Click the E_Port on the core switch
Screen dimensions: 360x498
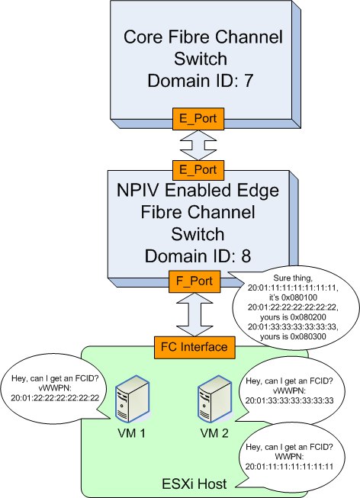[198, 119]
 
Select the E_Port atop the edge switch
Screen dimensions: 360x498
[198, 170]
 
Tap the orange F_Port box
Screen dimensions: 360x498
[194, 281]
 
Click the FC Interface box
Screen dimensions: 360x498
[194, 347]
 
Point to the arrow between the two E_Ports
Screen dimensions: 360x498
[198, 145]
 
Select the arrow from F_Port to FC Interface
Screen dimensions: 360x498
[194, 314]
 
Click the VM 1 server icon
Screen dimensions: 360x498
[132, 399]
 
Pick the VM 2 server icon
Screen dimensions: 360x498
[214, 399]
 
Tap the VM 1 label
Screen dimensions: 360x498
[131, 433]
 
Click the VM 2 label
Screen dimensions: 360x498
[214, 433]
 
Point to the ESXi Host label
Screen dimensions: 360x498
[194, 484]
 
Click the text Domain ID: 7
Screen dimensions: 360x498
[200, 81]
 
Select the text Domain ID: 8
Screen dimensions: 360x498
[198, 256]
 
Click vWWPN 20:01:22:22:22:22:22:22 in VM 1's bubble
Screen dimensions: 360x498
[55, 397]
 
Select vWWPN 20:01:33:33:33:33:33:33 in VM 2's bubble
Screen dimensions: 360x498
[290, 400]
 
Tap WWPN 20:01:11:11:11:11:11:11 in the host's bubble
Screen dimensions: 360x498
[289, 467]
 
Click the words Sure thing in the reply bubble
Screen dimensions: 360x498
[293, 278]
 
